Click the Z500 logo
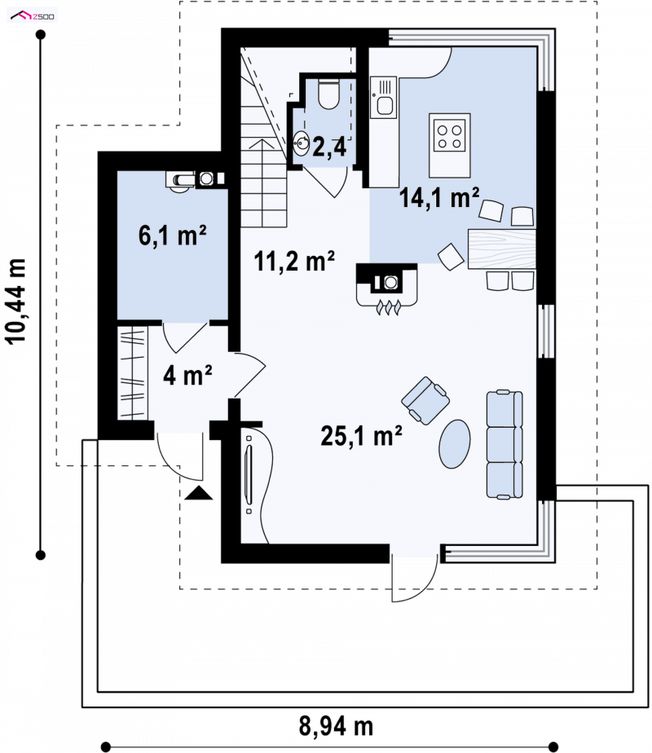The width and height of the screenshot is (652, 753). (x=32, y=15)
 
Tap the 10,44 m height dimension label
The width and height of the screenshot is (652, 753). (x=15, y=301)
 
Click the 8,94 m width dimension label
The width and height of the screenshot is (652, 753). (x=336, y=726)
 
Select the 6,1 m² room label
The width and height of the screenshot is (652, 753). (x=172, y=236)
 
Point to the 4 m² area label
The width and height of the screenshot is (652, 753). (x=187, y=375)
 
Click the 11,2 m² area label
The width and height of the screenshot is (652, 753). (x=294, y=261)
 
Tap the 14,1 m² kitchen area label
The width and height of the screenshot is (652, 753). (x=438, y=197)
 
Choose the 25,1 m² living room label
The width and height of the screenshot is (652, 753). (x=361, y=436)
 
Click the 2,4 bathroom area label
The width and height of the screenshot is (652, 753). (x=329, y=147)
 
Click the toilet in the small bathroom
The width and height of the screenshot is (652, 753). (x=329, y=94)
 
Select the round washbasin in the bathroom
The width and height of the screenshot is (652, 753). (x=302, y=143)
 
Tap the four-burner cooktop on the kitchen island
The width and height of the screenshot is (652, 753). (x=449, y=136)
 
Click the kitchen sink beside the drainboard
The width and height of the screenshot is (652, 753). (x=385, y=104)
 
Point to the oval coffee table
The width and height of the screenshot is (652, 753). (x=454, y=443)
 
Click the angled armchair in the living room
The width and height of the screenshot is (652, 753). (x=425, y=401)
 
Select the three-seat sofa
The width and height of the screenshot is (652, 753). (x=504, y=445)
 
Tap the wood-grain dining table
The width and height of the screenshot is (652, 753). (x=502, y=249)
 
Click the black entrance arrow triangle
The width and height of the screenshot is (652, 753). (x=198, y=493)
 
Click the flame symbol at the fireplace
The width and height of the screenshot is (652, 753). (x=387, y=308)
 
